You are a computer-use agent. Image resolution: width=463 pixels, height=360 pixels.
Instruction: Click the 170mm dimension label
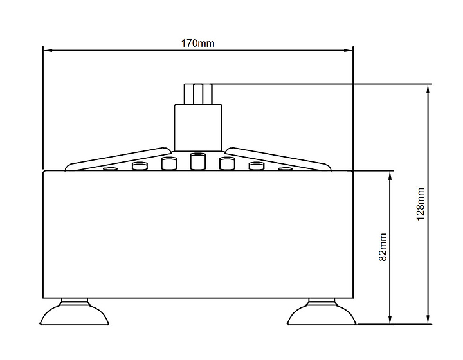[x=197, y=43]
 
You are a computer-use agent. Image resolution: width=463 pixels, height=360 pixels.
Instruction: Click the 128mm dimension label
[x=421, y=204]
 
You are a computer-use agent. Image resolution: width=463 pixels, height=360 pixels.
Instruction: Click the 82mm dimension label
[x=383, y=247]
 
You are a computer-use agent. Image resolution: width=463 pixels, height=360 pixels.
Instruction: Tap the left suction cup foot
[x=75, y=313]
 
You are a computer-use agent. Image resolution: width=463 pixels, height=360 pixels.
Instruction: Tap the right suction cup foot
[x=322, y=313]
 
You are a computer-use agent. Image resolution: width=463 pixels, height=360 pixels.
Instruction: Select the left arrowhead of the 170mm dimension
[x=48, y=51]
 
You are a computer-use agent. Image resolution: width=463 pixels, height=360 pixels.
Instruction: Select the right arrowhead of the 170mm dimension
[x=349, y=51]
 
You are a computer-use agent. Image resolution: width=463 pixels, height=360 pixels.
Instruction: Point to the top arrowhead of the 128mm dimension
[x=428, y=89]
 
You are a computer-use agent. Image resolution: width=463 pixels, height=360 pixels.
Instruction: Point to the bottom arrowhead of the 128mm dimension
[x=428, y=319]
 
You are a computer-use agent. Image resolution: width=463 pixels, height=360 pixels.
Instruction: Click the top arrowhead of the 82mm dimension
[x=390, y=175]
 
